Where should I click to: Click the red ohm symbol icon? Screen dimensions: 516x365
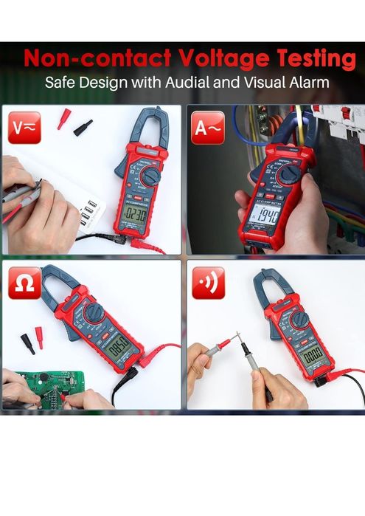[x=24, y=283]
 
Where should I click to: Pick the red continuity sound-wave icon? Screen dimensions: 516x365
[x=208, y=283]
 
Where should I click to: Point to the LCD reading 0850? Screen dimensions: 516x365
[x=119, y=344]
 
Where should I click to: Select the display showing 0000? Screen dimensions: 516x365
[x=312, y=355]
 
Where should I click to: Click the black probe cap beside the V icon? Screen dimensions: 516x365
[x=83, y=127]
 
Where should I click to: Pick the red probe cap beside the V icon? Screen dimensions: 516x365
[x=64, y=117]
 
